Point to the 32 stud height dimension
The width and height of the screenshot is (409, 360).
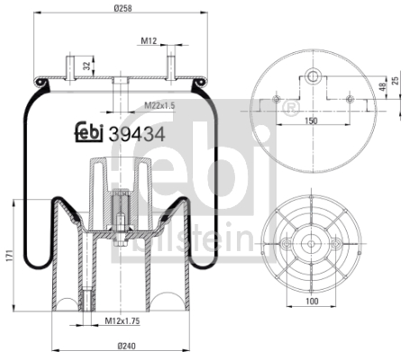coord(85,65)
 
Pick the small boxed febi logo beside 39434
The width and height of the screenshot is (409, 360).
coord(87,132)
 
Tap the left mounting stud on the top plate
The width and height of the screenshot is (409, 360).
coord(68,67)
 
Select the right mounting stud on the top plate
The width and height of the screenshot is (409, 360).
coord(168,67)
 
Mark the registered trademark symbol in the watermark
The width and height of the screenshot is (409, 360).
coord(290,108)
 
